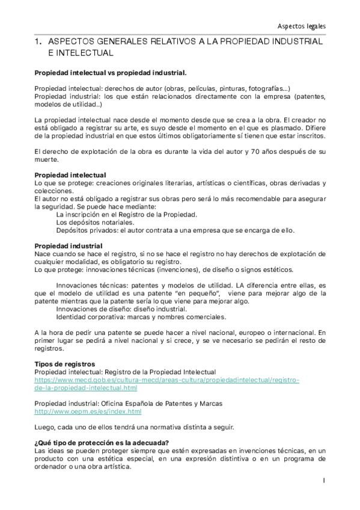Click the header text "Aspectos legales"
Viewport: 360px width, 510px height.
pyautogui.click(x=301, y=26)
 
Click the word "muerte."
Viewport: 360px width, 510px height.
pyautogui.click(x=47, y=161)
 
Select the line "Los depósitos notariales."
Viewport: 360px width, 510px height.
pyautogui.click(x=96, y=222)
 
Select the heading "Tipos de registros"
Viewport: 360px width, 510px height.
pyautogui.click(x=65, y=364)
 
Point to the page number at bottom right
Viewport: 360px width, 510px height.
pyautogui.click(x=323, y=481)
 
